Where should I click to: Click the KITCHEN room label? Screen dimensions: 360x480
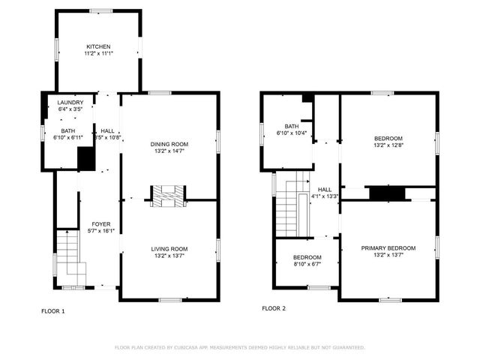point(98,46)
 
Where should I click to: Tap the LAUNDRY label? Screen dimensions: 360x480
point(60,102)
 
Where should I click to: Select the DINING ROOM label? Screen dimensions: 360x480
point(169,143)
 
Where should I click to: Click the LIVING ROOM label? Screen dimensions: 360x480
point(169,248)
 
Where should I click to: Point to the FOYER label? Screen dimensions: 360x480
point(101,224)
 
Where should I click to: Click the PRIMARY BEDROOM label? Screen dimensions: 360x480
point(388,247)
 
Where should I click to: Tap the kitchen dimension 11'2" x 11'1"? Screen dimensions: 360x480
point(98,54)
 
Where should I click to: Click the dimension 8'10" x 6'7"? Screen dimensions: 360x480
point(307,264)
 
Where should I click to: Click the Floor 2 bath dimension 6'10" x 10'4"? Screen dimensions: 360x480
point(292,133)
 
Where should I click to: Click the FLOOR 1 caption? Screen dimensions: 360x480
point(52,310)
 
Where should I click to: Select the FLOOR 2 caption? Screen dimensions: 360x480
point(273,308)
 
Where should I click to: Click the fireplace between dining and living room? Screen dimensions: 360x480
point(168,196)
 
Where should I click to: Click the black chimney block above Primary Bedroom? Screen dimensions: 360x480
point(387,193)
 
